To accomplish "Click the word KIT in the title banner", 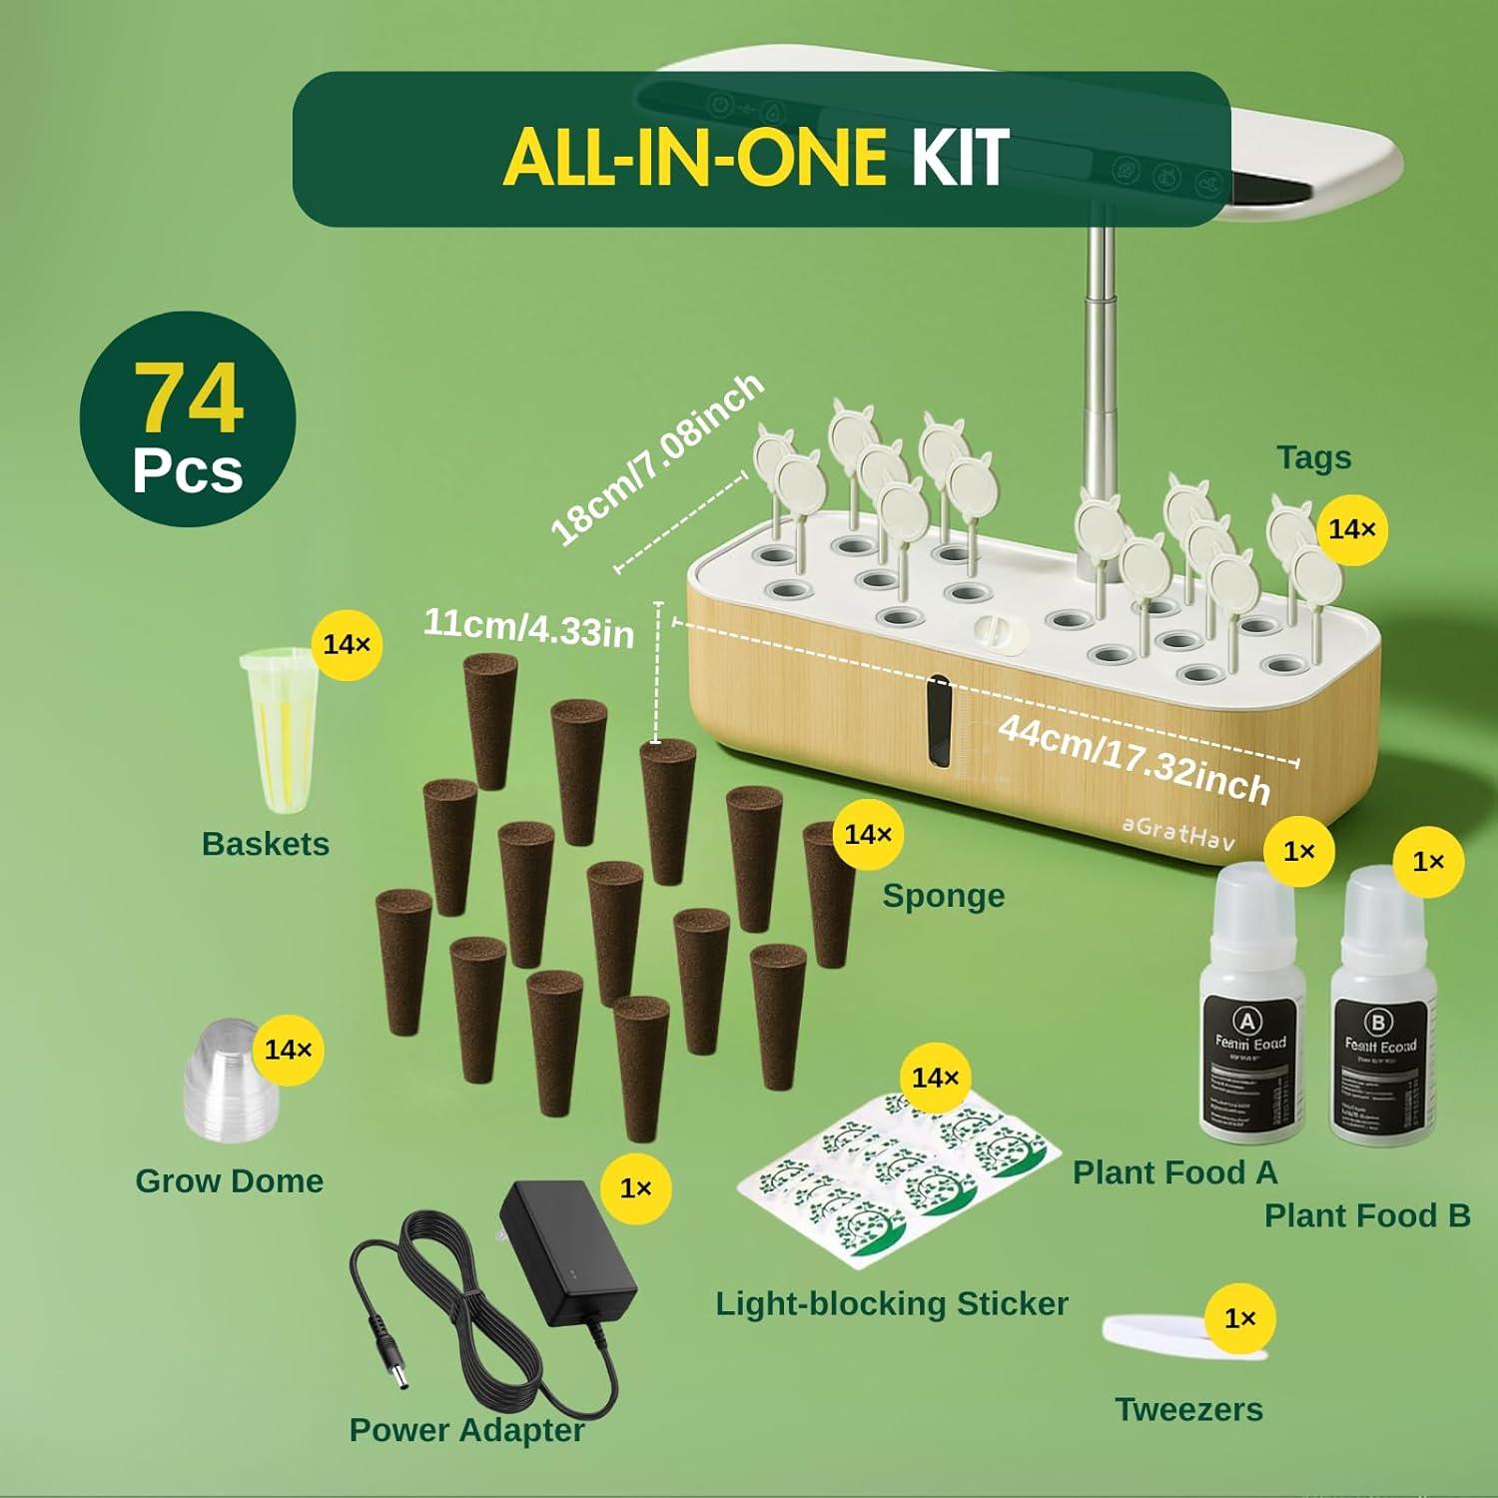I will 959,158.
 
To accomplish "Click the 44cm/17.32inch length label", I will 1133,759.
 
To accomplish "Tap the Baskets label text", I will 265,844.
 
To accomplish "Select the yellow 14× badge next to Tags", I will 1352,529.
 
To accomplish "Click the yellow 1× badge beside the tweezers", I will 1239,1319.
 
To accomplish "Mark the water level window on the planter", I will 939,724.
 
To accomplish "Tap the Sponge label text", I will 943,896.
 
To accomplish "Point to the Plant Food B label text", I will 1366,1215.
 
